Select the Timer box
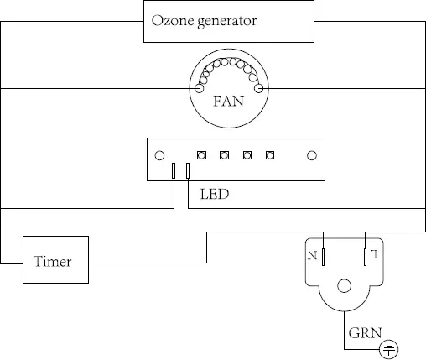[x=52, y=261]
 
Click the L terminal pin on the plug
[x=366, y=255]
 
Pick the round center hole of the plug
[x=345, y=286]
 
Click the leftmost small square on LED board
[x=201, y=155]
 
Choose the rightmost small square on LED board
[x=270, y=155]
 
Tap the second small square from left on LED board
[x=224, y=155]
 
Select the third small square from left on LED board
[x=247, y=155]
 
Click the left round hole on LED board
[x=158, y=155]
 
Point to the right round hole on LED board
[x=311, y=155]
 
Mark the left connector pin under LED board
[x=174, y=171]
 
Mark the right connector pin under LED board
[x=187, y=171]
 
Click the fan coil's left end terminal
[x=200, y=87]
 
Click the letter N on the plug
[x=313, y=253]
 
